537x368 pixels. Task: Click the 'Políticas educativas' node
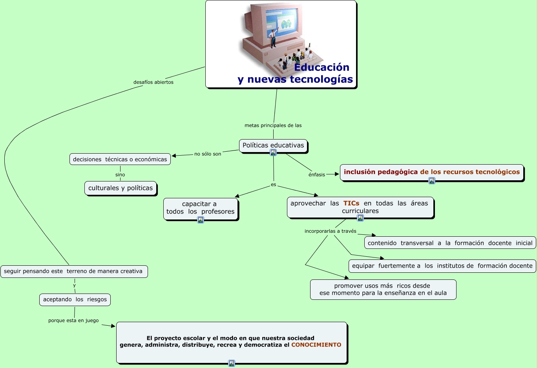pos(273,145)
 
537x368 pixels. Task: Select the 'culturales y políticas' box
pos(121,188)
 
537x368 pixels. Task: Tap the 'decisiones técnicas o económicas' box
pos(120,159)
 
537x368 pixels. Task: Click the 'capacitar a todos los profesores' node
pos(200,208)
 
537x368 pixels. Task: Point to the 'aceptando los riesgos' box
pos(75,299)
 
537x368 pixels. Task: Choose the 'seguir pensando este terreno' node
pos(73,271)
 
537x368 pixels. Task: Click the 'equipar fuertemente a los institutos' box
pos(442,266)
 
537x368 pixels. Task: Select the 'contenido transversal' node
pos(450,243)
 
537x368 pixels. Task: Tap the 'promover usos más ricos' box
pos(383,289)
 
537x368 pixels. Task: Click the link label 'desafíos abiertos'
pos(153,82)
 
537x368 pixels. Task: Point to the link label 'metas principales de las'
pos(273,125)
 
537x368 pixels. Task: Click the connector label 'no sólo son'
pos(208,154)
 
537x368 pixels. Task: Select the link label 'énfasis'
pos(316,175)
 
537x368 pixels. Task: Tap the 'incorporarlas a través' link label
pos(330,231)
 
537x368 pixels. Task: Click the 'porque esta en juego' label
pos(73,321)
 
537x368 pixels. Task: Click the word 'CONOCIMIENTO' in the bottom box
pos(316,345)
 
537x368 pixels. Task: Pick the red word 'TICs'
pos(351,203)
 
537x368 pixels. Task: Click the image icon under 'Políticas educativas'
pos(273,152)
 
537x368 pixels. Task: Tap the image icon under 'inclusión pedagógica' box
pos(431,181)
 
